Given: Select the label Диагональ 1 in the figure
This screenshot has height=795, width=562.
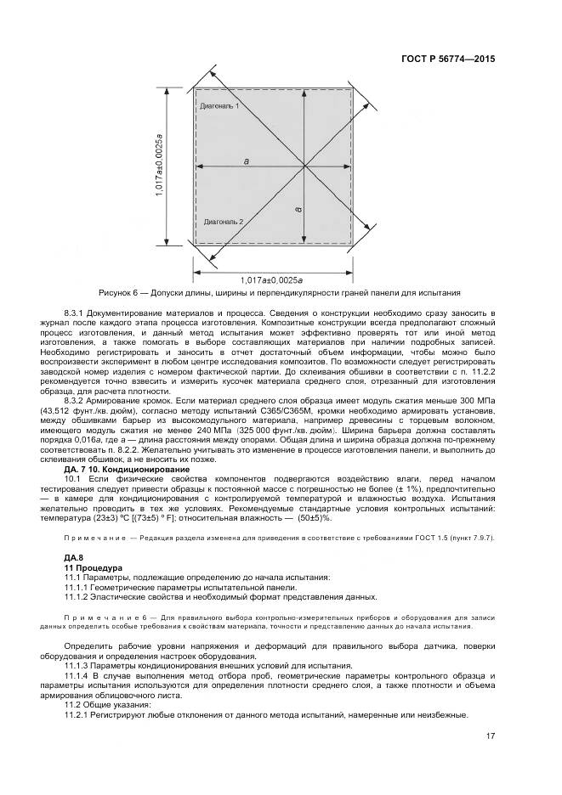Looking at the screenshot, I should coord(219,107).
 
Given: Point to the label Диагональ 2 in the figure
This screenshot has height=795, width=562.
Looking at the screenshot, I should coord(224,221).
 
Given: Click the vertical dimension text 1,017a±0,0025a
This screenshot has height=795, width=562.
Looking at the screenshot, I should coord(159,166).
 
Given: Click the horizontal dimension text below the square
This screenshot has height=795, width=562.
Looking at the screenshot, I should coord(274,279).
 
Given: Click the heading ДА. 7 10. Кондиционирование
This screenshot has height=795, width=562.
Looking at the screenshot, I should coord(127,470).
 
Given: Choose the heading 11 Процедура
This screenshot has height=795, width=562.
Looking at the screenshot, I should coord(94,567).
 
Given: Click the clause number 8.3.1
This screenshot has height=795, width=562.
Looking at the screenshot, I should coord(78,313).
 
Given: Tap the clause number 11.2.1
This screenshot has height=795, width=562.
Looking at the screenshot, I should coord(79,715).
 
